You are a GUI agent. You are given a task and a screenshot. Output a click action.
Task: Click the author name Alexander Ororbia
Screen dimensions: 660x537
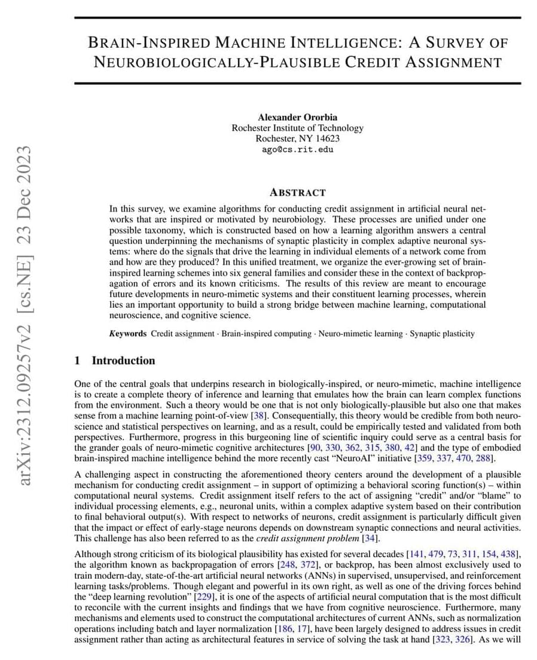coord(297,118)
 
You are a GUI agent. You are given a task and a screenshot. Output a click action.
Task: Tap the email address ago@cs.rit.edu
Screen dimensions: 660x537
coord(297,149)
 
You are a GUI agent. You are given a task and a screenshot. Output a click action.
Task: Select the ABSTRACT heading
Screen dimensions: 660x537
coord(297,192)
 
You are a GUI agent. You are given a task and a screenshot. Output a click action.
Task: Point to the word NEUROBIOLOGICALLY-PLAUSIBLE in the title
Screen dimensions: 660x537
coord(216,62)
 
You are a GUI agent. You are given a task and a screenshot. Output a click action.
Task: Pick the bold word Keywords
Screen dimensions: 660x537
coord(128,334)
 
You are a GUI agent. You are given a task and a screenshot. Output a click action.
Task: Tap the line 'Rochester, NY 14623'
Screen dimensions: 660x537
coord(297,138)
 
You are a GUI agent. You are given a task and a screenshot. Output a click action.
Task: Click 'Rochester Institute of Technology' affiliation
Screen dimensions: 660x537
coord(297,128)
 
